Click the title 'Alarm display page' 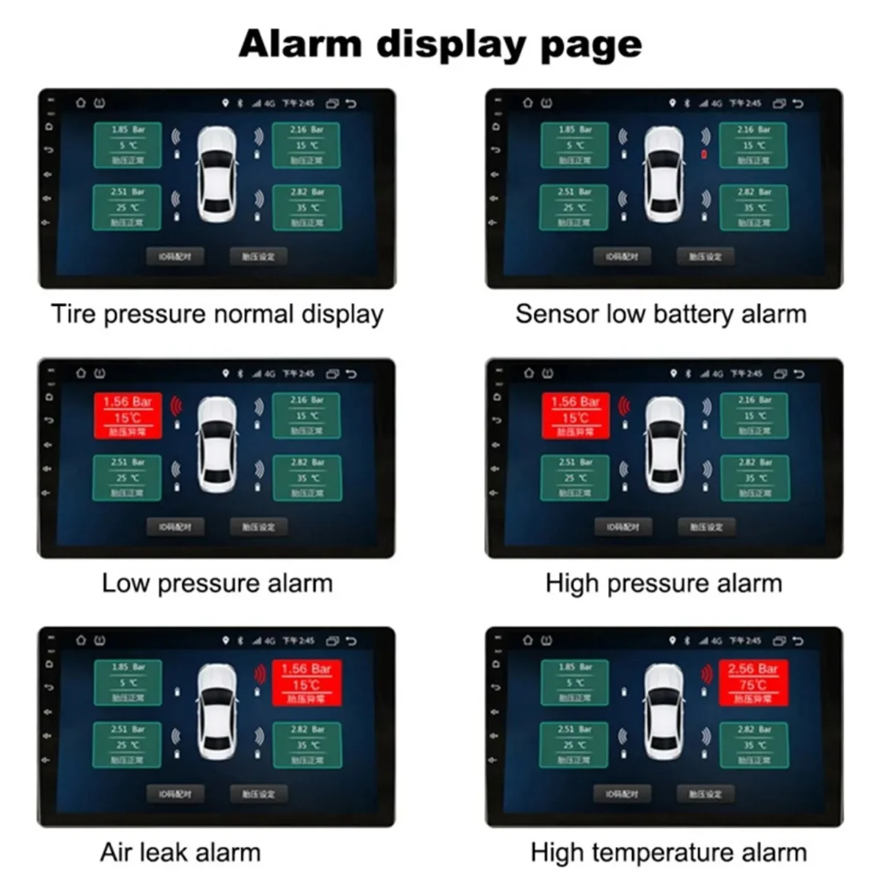[440, 44]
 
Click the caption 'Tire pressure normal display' [217, 315]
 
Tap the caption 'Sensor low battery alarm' [661, 315]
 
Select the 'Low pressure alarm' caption [217, 584]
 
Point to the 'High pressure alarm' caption [664, 584]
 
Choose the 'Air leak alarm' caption [180, 853]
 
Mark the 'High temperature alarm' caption [668, 853]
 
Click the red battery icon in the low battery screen [704, 155]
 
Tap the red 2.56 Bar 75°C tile [753, 683]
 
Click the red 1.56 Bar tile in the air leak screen [306, 683]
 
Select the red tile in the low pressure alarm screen [128, 416]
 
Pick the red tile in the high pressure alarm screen [576, 416]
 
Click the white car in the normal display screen [217, 175]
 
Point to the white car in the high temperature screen [664, 711]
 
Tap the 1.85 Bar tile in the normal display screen [128, 145]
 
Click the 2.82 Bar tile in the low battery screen [754, 208]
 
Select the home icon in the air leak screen [81, 641]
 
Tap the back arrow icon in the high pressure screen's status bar [799, 374]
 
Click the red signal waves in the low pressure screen [176, 406]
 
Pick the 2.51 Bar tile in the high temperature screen [574, 744]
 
